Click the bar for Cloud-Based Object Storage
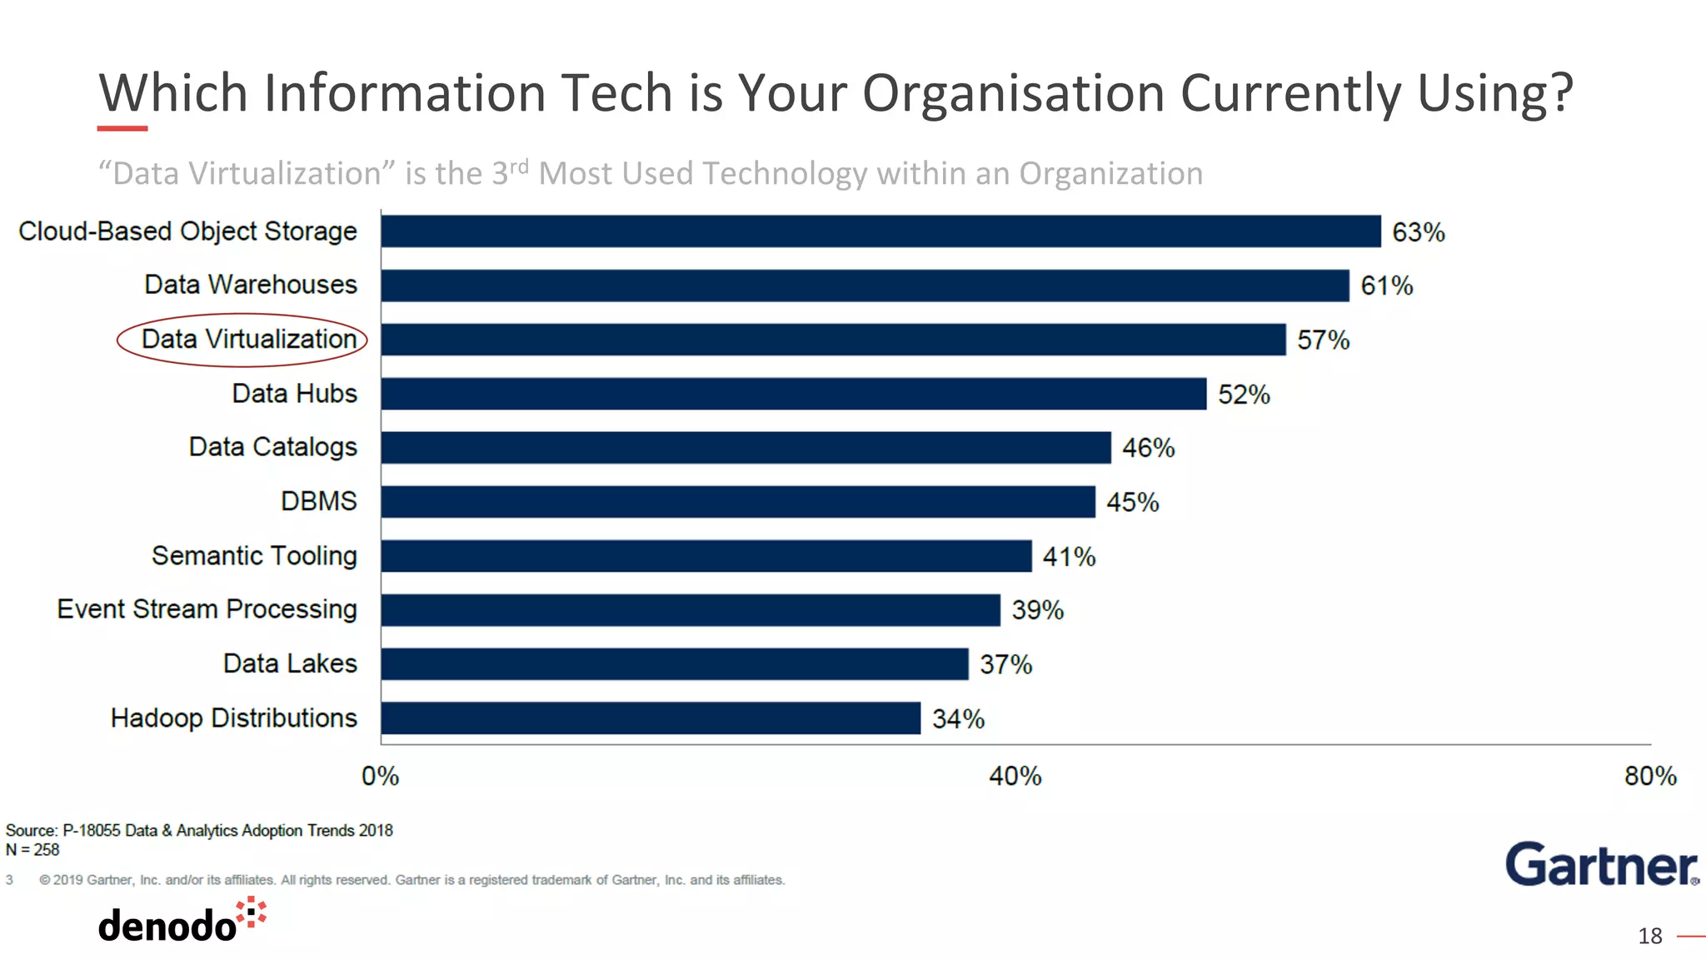coord(880,231)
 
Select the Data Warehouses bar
coord(865,286)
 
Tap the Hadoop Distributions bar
coord(651,718)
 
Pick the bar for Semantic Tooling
coord(706,556)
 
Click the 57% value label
coord(1323,340)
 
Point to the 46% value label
coord(1148,448)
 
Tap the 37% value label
coord(1005,664)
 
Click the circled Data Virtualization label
coord(248,339)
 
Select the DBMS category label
coord(318,501)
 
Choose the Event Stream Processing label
coord(207,609)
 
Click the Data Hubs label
coord(294,393)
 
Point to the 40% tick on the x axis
coord(1015,776)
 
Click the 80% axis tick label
coord(1649,776)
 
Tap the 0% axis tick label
coord(380,776)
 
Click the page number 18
coord(1649,936)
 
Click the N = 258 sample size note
coord(32,850)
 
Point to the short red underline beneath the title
coord(122,128)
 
